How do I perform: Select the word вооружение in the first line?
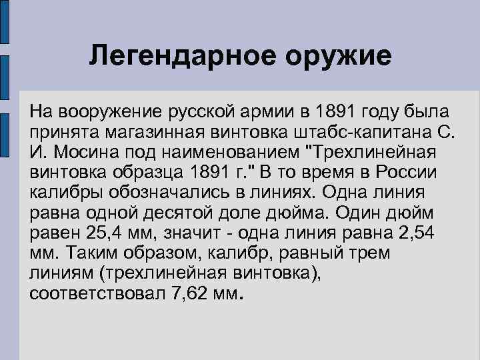coord(107,109)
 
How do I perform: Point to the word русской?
coord(204,109)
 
